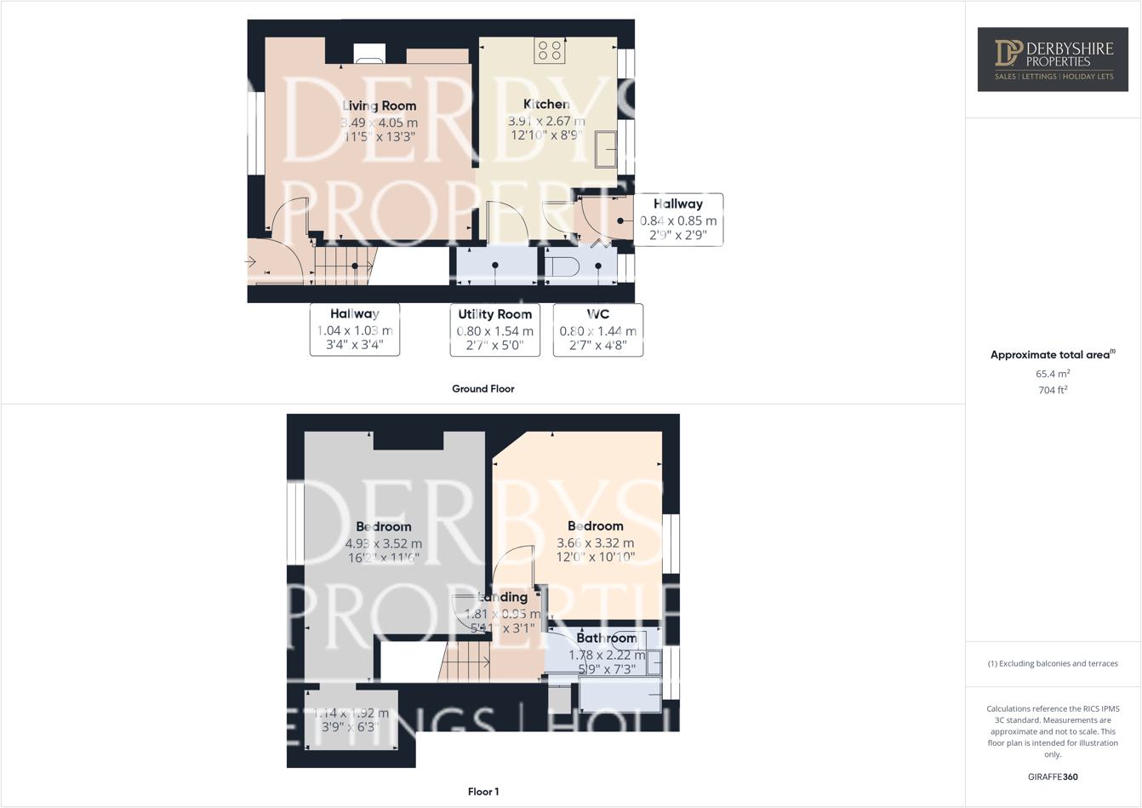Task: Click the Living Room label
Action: tap(380, 106)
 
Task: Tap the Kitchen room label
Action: tap(546, 105)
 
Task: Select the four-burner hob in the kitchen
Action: tap(550, 51)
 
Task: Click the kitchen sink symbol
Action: tap(606, 149)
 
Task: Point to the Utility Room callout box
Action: tap(495, 330)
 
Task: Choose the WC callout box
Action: tap(598, 330)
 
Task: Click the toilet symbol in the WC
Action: tap(562, 267)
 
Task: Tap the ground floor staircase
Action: tap(343, 265)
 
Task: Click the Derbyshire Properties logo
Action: tap(1053, 59)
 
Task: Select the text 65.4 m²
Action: tap(1053, 374)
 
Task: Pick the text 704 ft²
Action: tap(1053, 390)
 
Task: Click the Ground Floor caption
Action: tap(482, 389)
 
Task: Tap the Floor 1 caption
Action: tap(483, 792)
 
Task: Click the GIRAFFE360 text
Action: tap(1053, 776)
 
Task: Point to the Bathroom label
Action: tap(607, 639)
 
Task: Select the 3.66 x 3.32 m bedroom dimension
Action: tap(596, 543)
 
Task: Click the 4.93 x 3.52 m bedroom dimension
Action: tap(384, 544)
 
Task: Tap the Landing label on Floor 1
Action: tap(504, 598)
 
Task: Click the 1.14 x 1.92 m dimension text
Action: tap(351, 713)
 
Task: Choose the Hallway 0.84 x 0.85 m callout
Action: tap(678, 220)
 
